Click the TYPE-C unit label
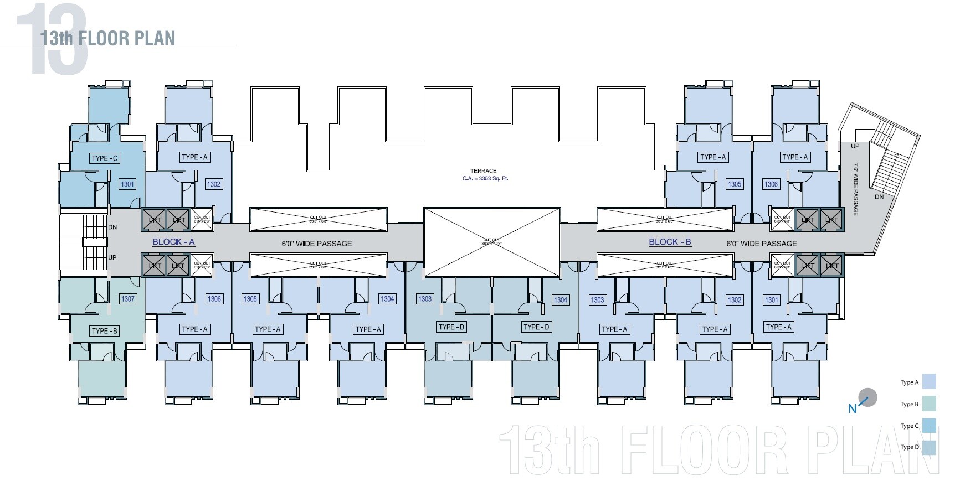[105, 158]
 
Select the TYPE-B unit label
[105, 331]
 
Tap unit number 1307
[127, 299]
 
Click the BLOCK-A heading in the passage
[173, 242]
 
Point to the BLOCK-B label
[670, 242]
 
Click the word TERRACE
[483, 171]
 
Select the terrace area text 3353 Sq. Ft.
[485, 178]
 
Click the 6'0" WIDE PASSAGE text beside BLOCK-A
[317, 244]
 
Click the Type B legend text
[909, 404]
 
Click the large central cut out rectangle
[491, 242]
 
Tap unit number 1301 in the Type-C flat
[127, 184]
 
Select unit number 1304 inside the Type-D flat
[561, 300]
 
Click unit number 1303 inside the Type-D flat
[424, 299]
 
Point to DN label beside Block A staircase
[112, 227]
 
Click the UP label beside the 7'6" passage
[855, 146]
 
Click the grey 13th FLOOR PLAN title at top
[107, 38]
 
